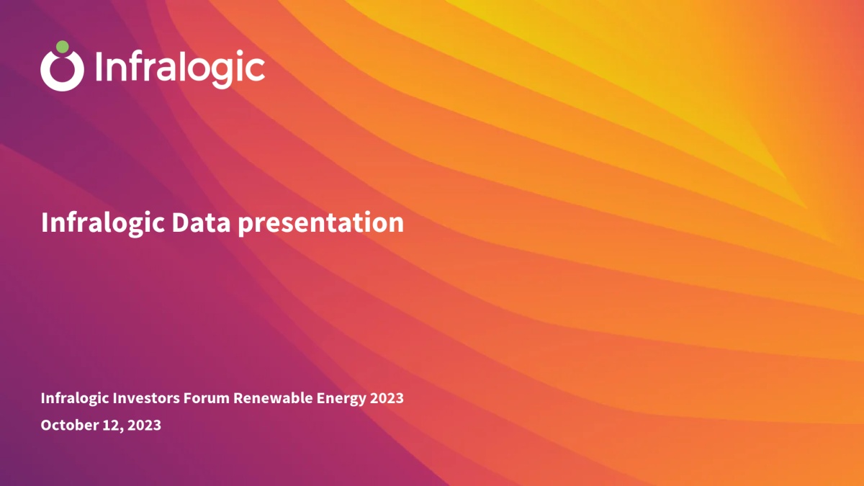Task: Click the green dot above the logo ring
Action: coord(63,47)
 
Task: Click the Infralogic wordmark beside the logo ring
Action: coord(180,68)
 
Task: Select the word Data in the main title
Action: coord(201,222)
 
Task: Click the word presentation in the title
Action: coord(321,224)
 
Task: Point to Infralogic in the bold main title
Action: coord(103,224)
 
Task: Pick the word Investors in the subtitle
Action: coord(145,398)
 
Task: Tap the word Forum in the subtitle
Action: coord(207,398)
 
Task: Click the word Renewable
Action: coord(273,398)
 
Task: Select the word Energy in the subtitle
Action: coord(341,399)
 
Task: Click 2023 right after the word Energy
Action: coord(387,398)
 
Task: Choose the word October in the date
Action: coord(69,425)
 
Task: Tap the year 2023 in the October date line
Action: coord(144,425)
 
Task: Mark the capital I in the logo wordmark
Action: coord(99,68)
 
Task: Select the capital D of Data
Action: coord(180,222)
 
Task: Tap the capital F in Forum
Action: coord(188,398)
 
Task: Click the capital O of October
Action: coord(47,425)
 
